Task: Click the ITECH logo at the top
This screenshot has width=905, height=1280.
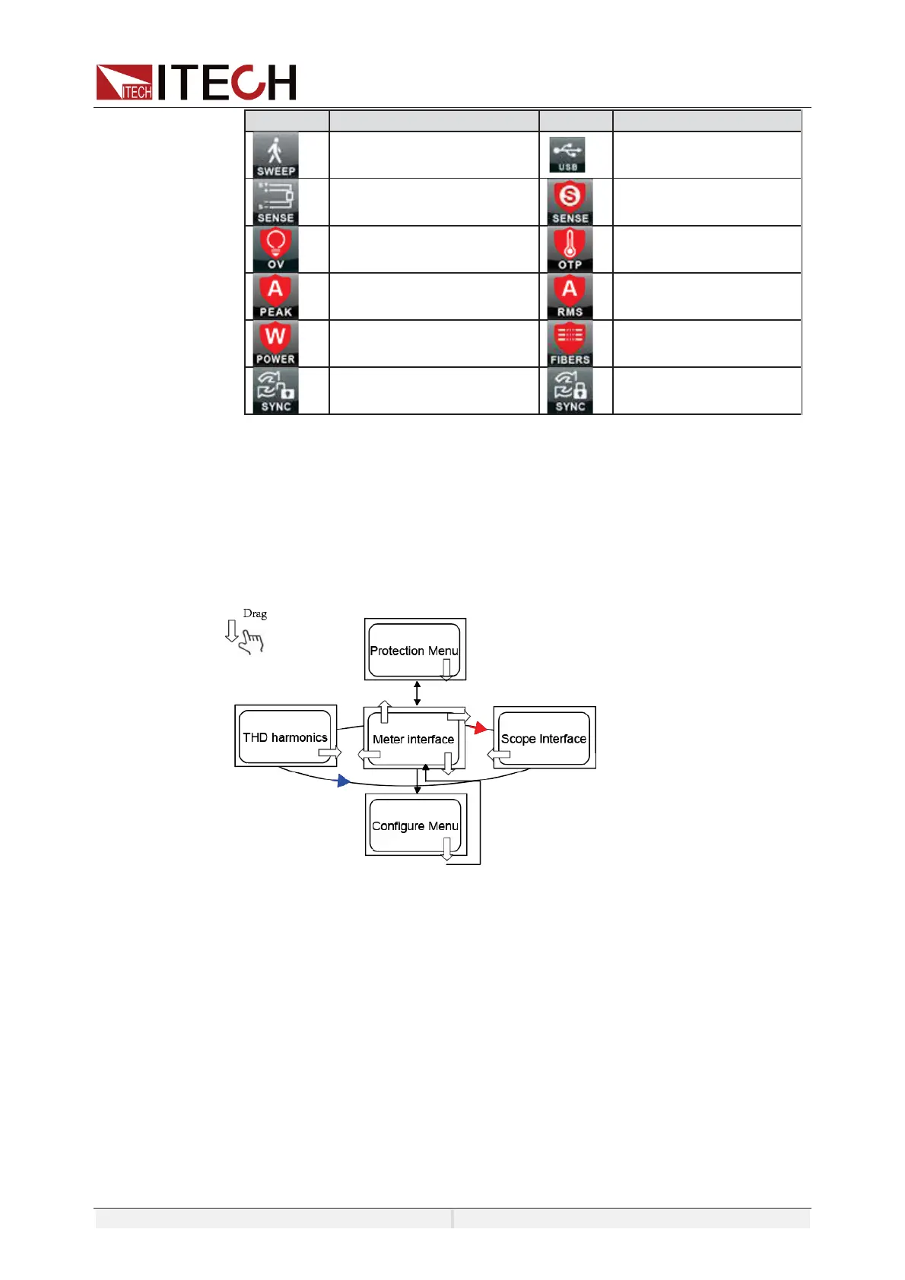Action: tap(196, 82)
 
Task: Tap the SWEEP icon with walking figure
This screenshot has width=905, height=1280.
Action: tap(275, 155)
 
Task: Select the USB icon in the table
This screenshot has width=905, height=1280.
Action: tap(567, 155)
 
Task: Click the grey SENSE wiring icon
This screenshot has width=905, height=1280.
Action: tap(275, 202)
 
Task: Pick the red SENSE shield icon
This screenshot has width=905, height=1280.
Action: tap(570, 202)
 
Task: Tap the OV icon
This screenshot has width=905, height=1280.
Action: tap(275, 249)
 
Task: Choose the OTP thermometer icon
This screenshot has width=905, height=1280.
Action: tap(570, 249)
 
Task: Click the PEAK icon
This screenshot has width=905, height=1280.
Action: tap(275, 296)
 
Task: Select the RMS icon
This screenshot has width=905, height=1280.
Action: tap(570, 296)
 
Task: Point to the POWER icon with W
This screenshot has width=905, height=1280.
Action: tap(275, 344)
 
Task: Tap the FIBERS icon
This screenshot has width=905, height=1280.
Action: tap(570, 344)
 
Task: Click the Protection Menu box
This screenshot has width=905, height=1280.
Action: tap(414, 650)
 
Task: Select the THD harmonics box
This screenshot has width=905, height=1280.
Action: tap(285, 737)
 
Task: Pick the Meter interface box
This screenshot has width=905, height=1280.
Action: tap(413, 739)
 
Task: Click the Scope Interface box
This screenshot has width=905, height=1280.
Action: tap(544, 738)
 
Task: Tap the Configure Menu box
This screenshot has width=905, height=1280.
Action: tap(415, 825)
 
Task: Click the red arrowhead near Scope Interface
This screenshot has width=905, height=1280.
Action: tap(480, 728)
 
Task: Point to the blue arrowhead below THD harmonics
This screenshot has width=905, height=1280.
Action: tap(344, 781)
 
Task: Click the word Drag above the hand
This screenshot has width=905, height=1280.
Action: tap(255, 613)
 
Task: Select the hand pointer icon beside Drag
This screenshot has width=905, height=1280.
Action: tap(251, 643)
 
